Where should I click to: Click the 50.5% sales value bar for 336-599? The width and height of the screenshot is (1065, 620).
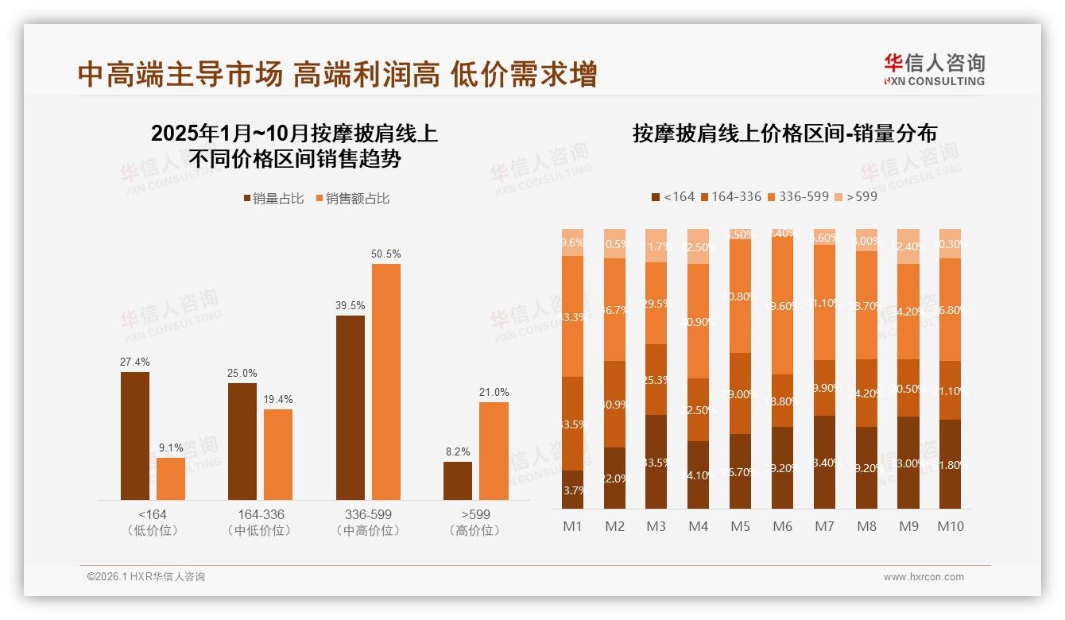click(386, 382)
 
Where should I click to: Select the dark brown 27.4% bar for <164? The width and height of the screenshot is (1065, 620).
click(135, 436)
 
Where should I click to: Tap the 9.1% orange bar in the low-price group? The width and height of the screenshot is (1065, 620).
click(171, 479)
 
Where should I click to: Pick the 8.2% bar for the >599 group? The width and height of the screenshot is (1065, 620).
click(458, 480)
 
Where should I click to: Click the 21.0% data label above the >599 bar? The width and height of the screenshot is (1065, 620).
click(494, 392)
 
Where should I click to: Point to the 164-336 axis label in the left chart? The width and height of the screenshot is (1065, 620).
click(260, 514)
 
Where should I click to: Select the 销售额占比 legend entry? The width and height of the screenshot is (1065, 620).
click(352, 199)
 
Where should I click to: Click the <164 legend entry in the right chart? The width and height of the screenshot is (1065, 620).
click(672, 196)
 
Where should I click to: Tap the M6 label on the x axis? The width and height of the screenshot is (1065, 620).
click(782, 526)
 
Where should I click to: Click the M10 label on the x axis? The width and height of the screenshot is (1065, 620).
click(950, 526)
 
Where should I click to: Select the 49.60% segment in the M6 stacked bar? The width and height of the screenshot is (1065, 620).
click(782, 306)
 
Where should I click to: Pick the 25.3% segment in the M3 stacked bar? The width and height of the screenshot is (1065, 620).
click(656, 380)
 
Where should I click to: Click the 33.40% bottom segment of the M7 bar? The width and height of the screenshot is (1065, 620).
click(824, 463)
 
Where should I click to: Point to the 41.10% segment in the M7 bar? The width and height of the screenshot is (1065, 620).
click(824, 302)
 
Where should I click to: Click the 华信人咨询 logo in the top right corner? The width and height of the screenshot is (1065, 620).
click(934, 70)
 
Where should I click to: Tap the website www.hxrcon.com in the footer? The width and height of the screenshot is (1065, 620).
click(924, 577)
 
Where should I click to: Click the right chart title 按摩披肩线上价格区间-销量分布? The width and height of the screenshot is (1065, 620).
click(784, 134)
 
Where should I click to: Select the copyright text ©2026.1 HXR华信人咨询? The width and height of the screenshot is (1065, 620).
click(146, 577)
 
